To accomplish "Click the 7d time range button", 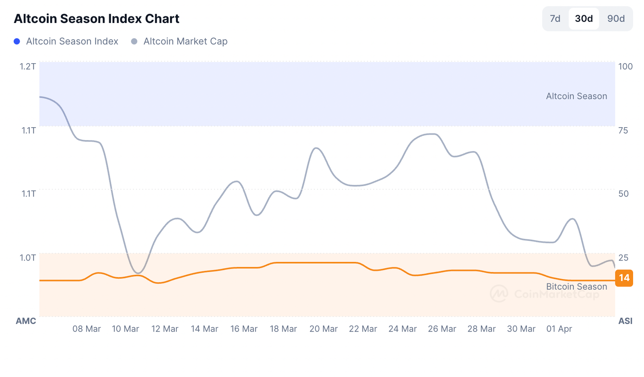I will coord(555,19).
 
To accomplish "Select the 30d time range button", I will coord(584,19).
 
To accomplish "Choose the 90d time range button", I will coord(616,19).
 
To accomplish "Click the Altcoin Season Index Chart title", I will coord(97,19).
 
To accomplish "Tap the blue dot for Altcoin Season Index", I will coord(17,41).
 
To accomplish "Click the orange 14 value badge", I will coord(624,278).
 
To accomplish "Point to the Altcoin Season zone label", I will coord(576,96).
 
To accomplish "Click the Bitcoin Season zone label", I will coord(576,287).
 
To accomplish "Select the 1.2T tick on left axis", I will coord(28,66).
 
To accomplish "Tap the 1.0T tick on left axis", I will coord(28,258).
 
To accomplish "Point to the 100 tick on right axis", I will coord(625,66).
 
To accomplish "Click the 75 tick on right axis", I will coord(623,130).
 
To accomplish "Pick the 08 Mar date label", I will coord(87,329).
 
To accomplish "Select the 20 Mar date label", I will coord(324,329).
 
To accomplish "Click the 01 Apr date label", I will coord(559,329).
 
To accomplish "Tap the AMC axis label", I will coord(26,321).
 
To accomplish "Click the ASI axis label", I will coord(625,321).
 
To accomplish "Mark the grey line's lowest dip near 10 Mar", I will coord(138,273).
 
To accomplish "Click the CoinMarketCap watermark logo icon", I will coord(499,294).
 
